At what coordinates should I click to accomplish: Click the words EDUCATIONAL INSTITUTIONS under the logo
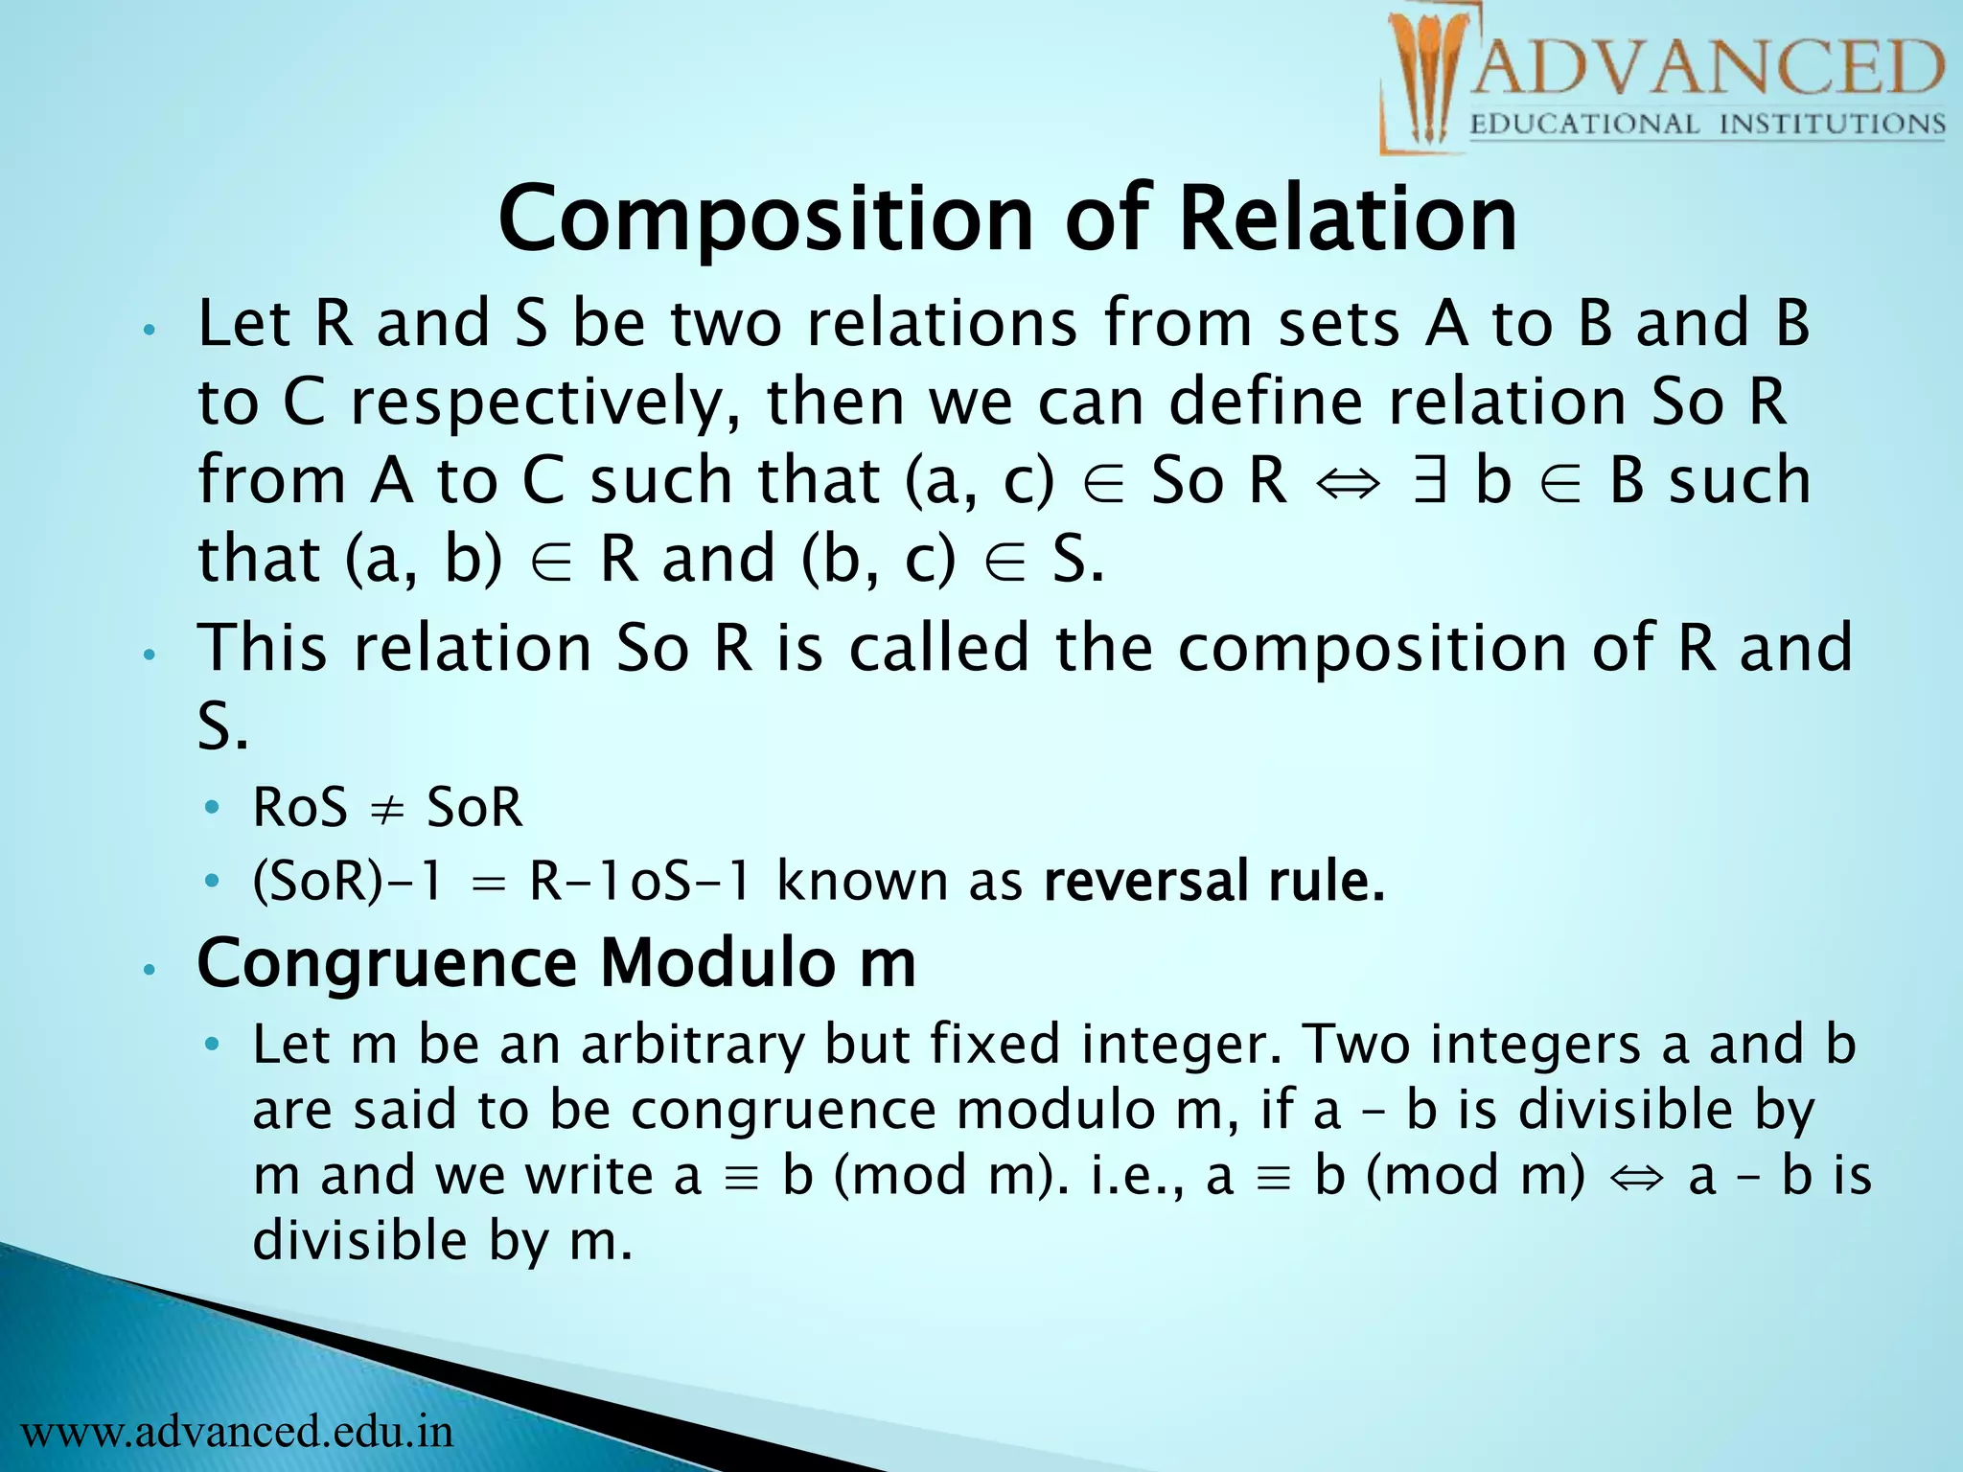point(1706,125)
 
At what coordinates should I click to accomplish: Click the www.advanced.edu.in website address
point(237,1432)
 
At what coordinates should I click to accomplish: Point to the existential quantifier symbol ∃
point(1429,481)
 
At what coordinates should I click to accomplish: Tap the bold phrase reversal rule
point(1213,882)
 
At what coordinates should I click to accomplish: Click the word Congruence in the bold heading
point(386,963)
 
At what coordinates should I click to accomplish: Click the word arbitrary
point(692,1045)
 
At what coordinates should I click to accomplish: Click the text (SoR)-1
point(347,882)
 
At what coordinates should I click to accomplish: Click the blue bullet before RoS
point(212,808)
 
